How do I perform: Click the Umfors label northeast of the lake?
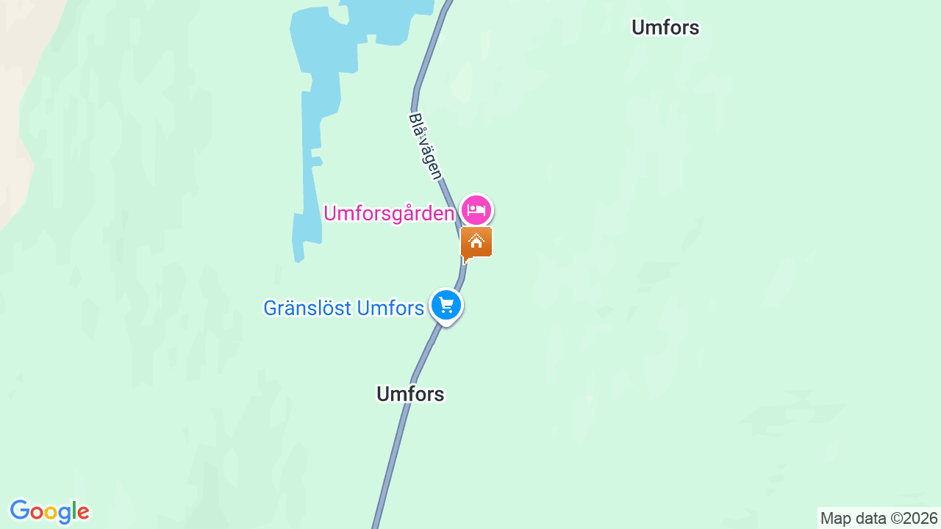[665, 28]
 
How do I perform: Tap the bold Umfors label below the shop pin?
[410, 394]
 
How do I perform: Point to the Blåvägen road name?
[426, 146]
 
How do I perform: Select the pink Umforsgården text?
[389, 214]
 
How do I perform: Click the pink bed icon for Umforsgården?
[476, 211]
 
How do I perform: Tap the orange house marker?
[476, 242]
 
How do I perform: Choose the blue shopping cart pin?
[446, 305]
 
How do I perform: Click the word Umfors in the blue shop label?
[389, 308]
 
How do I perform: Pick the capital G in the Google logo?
[19, 511]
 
